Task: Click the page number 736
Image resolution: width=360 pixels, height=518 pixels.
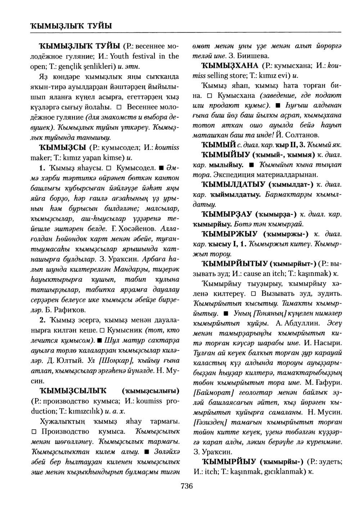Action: pos(186,486)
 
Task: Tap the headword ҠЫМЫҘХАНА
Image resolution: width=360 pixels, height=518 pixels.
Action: pos(231,66)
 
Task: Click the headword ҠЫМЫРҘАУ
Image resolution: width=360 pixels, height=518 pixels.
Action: pos(226,215)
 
